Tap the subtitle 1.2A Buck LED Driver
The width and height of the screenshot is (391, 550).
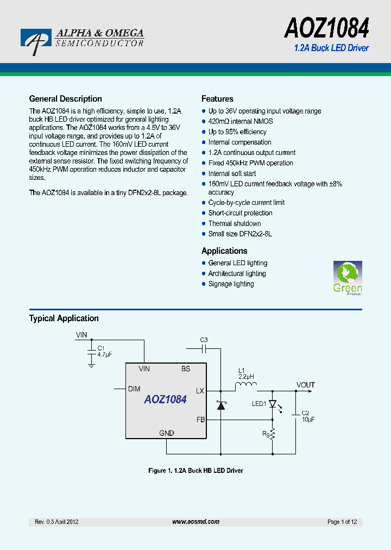click(331, 48)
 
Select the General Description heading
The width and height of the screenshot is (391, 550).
click(65, 99)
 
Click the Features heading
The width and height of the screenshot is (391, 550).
click(217, 99)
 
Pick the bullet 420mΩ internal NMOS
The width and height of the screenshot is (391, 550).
click(241, 121)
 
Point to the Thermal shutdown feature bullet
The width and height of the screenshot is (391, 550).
click(235, 223)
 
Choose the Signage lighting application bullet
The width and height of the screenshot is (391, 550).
click(231, 284)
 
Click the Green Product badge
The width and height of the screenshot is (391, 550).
click(348, 278)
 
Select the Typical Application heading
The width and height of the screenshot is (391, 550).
click(64, 318)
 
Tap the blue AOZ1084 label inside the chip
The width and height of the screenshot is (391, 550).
click(165, 399)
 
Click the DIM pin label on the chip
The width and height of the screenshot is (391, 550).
click(134, 389)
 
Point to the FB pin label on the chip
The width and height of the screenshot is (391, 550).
click(200, 420)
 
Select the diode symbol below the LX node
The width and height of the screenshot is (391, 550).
click(220, 405)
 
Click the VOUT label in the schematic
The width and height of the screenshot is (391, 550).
click(305, 385)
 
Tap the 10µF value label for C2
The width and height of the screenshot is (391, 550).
click(308, 420)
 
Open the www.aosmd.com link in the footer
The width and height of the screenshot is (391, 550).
click(195, 522)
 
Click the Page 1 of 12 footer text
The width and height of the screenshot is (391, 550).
click(342, 522)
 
